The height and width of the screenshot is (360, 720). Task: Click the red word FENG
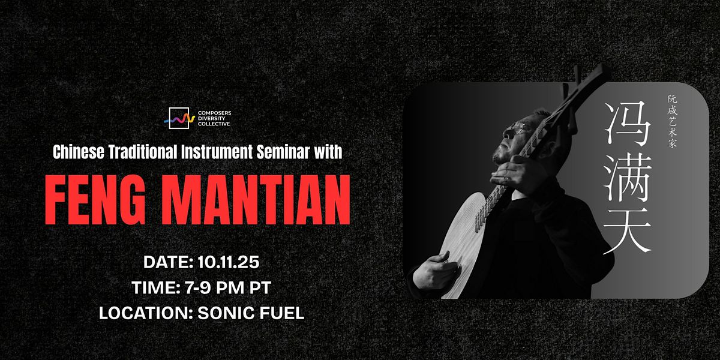(95, 200)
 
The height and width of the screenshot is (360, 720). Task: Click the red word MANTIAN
(256, 200)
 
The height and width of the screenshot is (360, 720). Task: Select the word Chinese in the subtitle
(79, 152)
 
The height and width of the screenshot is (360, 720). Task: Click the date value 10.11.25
(228, 262)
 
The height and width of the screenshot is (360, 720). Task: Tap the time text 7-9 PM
(214, 287)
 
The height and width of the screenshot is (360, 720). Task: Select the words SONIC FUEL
(251, 313)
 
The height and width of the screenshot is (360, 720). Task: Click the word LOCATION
(145, 313)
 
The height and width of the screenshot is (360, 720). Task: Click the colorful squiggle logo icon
(179, 119)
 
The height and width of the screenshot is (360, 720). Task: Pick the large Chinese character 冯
(628, 123)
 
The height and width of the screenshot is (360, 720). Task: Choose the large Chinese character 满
(628, 178)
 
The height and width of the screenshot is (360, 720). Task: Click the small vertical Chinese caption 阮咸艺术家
(673, 121)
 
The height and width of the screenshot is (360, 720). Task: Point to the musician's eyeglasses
(519, 128)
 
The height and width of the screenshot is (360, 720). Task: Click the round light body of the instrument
(463, 244)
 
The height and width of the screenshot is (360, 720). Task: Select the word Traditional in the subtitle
(143, 152)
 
